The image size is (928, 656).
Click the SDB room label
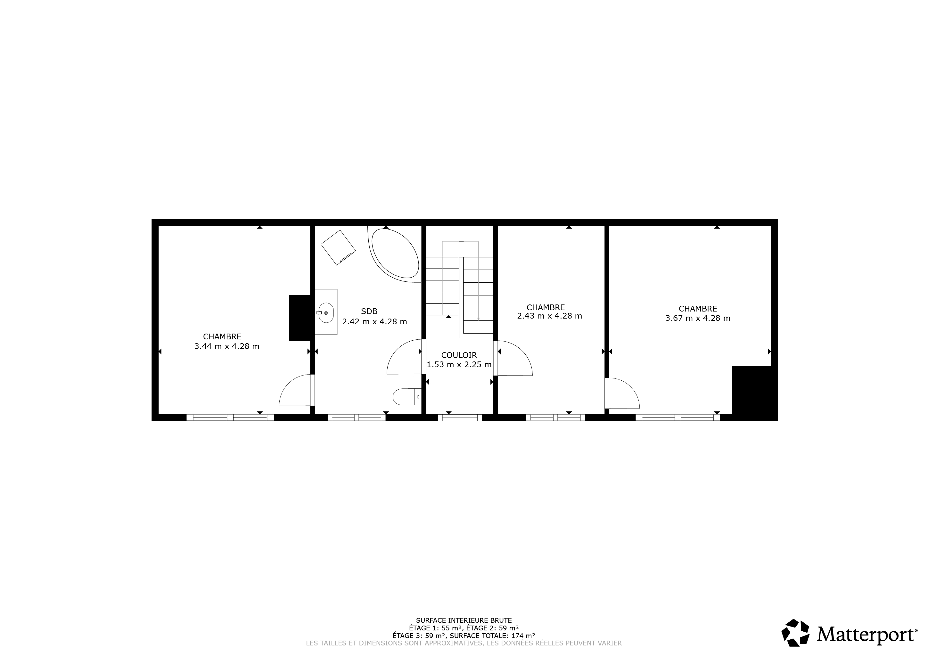369,312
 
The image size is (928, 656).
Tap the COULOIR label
459,355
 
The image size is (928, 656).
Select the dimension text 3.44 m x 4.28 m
227,346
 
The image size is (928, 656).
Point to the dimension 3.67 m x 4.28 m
698,318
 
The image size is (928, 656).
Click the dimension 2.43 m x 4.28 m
549,316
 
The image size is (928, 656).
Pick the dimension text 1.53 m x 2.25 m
459,364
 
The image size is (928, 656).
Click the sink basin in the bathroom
326,313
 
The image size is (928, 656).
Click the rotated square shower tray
338,247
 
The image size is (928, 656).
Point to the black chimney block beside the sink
300,318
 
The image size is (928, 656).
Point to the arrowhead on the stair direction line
478,319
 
